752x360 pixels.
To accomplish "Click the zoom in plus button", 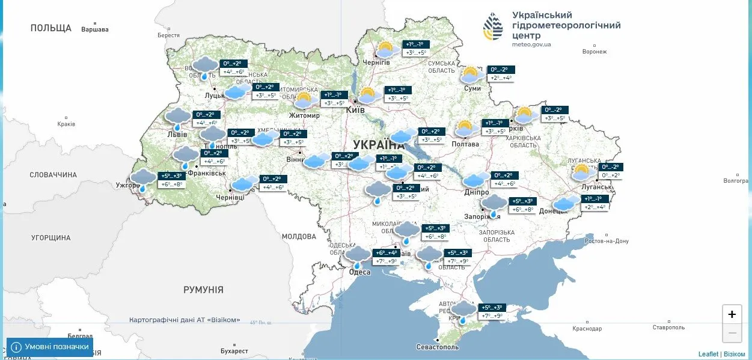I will tap(732, 314).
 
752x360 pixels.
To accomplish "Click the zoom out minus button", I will tap(732, 332).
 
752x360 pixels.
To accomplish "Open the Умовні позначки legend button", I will tap(50, 347).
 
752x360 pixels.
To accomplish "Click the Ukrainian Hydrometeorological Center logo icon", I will tap(494, 26).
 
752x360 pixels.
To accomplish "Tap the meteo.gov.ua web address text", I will tap(531, 44).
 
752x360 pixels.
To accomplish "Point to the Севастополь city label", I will tap(438, 347).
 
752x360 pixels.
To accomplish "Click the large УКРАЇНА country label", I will tap(379, 145).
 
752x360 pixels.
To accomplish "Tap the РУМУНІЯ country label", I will tap(203, 290).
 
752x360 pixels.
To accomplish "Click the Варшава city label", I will tap(95, 29).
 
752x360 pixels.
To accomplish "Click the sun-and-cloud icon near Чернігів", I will tap(385, 49).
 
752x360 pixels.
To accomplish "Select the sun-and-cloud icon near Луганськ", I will tap(581, 172).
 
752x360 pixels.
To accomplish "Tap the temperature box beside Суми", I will tap(501, 73).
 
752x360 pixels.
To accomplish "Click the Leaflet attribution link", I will tap(708, 354).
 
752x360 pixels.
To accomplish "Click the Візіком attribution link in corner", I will tap(734, 354).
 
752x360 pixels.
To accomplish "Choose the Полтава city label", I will tap(465, 144).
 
